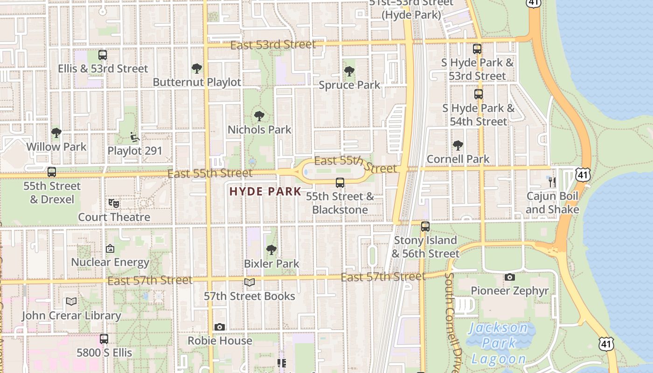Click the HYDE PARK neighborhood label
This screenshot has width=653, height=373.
pyautogui.click(x=265, y=191)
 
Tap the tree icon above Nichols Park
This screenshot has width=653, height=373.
pyautogui.click(x=259, y=116)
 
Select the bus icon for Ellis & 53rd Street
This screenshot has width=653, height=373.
pyautogui.click(x=103, y=55)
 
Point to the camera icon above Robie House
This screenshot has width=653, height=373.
pyautogui.click(x=220, y=327)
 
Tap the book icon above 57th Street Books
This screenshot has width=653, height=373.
pyautogui.click(x=250, y=282)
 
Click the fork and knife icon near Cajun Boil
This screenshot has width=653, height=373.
pyautogui.click(x=552, y=182)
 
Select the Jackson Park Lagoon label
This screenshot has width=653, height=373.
pyautogui.click(x=498, y=343)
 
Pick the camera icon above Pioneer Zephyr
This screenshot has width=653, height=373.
pyautogui.click(x=509, y=277)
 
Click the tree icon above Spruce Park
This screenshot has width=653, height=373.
pyautogui.click(x=349, y=71)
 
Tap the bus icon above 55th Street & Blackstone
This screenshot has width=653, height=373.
pyautogui.click(x=340, y=182)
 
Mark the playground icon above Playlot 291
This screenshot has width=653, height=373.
pyautogui.click(x=134, y=137)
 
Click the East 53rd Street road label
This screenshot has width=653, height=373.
pyautogui.click(x=273, y=45)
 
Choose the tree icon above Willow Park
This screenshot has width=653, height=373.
pyautogui.click(x=56, y=133)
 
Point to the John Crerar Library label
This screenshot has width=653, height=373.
pyautogui.click(x=71, y=316)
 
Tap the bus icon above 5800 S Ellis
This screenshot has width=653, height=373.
pyautogui.click(x=104, y=339)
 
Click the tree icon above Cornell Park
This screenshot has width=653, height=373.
pyautogui.click(x=458, y=145)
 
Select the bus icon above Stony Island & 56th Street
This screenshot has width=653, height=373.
pyautogui.click(x=425, y=227)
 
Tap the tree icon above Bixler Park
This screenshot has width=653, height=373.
pyautogui.click(x=271, y=250)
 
